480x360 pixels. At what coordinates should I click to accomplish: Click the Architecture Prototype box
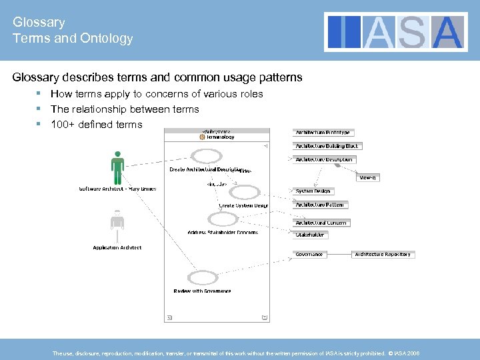pos(323,132)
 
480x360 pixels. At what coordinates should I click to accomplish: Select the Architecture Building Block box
pos(327,146)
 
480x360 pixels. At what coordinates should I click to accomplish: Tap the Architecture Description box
pos(324,159)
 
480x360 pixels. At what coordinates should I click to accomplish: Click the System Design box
pos(313,191)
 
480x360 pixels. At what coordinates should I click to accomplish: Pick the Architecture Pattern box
pos(321,205)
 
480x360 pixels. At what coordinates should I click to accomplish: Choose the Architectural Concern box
pos(321,223)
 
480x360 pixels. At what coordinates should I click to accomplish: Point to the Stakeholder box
pos(310,235)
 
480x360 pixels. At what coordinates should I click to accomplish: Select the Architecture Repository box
pos(383,254)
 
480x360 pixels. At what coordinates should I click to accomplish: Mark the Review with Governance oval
pos(202,278)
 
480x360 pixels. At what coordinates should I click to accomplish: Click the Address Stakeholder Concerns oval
pos(222,219)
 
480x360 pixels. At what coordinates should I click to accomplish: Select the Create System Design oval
pos(244,193)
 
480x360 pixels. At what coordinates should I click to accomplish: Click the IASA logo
pos(395,32)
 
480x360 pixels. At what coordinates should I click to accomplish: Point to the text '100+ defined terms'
pos(96,124)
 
